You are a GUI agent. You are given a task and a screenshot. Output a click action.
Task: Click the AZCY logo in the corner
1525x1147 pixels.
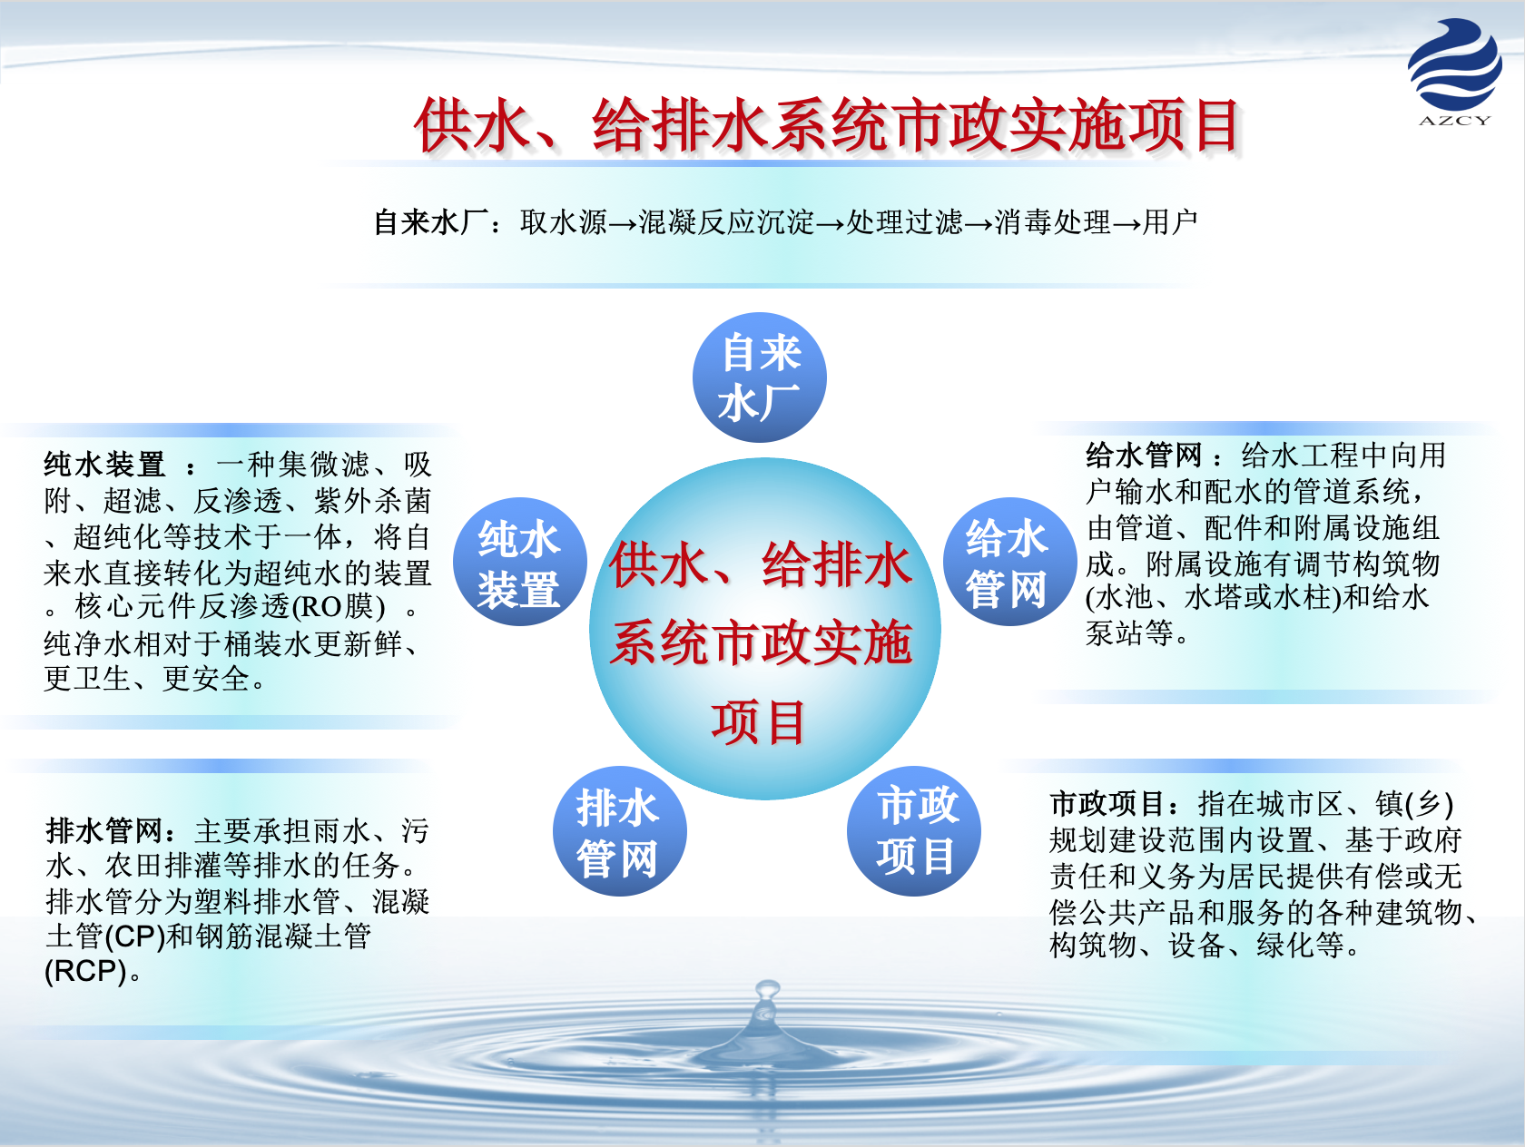pos(1454,72)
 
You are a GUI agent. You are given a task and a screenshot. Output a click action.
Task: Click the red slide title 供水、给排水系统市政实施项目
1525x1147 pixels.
pos(827,125)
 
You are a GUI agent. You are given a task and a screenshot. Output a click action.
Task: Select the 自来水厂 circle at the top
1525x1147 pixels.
pos(760,377)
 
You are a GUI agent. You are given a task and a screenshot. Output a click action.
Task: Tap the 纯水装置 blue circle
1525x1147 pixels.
pos(520,562)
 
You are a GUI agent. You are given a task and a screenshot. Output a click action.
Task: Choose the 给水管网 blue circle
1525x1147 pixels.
pos(1009,562)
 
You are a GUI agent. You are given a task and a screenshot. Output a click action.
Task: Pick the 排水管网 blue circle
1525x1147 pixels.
pos(620,831)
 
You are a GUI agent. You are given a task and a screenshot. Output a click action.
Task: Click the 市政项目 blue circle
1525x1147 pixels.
pos(913,831)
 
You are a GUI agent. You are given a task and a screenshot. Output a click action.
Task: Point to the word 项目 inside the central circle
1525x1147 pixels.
pos(759,722)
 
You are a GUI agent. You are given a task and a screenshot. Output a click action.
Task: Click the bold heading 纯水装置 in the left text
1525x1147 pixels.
pos(104,464)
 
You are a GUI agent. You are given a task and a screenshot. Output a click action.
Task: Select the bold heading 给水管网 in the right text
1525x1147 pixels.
pos(1144,456)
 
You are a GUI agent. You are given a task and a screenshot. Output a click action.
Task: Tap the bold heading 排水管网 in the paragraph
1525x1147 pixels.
pos(104,830)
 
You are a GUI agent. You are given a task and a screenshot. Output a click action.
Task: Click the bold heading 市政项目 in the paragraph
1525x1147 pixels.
pos(1107,803)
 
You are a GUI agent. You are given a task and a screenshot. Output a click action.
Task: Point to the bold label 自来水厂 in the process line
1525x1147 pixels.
pos(431,222)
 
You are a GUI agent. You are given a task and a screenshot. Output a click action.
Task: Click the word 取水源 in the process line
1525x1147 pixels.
pos(564,222)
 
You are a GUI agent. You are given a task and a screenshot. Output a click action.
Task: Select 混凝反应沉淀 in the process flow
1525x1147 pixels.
pos(726,222)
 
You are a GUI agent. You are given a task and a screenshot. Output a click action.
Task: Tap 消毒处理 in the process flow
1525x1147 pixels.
pos(1053,222)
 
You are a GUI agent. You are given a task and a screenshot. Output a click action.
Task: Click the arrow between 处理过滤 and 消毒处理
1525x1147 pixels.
pos(979,224)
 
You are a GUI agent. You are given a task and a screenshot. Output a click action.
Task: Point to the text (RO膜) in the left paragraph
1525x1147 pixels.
pos(339,607)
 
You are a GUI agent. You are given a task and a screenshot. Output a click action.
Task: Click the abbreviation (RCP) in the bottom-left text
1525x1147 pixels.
pos(85,971)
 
